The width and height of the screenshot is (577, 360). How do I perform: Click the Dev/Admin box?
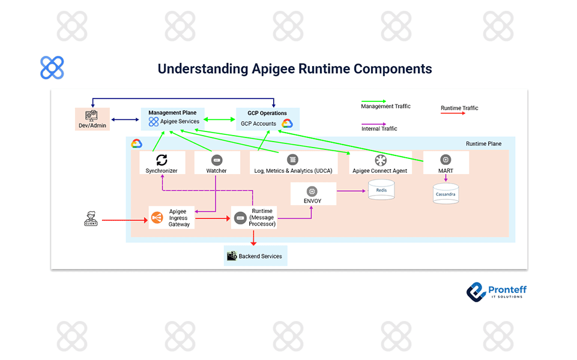92,119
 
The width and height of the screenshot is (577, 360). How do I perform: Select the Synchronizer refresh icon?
162,160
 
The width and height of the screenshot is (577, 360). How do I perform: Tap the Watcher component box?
217,163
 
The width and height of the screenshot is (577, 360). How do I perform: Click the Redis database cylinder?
381,190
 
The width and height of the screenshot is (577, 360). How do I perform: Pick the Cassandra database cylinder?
446,194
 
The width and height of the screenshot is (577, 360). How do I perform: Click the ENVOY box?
312,194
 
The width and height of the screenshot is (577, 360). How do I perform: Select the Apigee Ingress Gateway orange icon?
157,218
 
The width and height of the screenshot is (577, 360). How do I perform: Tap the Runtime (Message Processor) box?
255,218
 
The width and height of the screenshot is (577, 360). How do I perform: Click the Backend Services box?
255,256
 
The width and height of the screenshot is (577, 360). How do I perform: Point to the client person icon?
91,220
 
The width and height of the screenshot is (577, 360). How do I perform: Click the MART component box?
446,163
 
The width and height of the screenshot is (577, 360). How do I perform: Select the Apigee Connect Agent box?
380,163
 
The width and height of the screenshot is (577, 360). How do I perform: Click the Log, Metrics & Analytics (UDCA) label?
292,171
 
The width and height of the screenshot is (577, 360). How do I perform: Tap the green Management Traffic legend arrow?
373,101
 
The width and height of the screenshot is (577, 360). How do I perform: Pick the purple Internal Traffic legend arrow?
373,124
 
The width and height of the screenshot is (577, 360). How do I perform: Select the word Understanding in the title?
202,69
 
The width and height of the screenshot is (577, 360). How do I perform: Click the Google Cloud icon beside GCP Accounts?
286,124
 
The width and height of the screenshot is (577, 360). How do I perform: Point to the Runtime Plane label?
483,144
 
